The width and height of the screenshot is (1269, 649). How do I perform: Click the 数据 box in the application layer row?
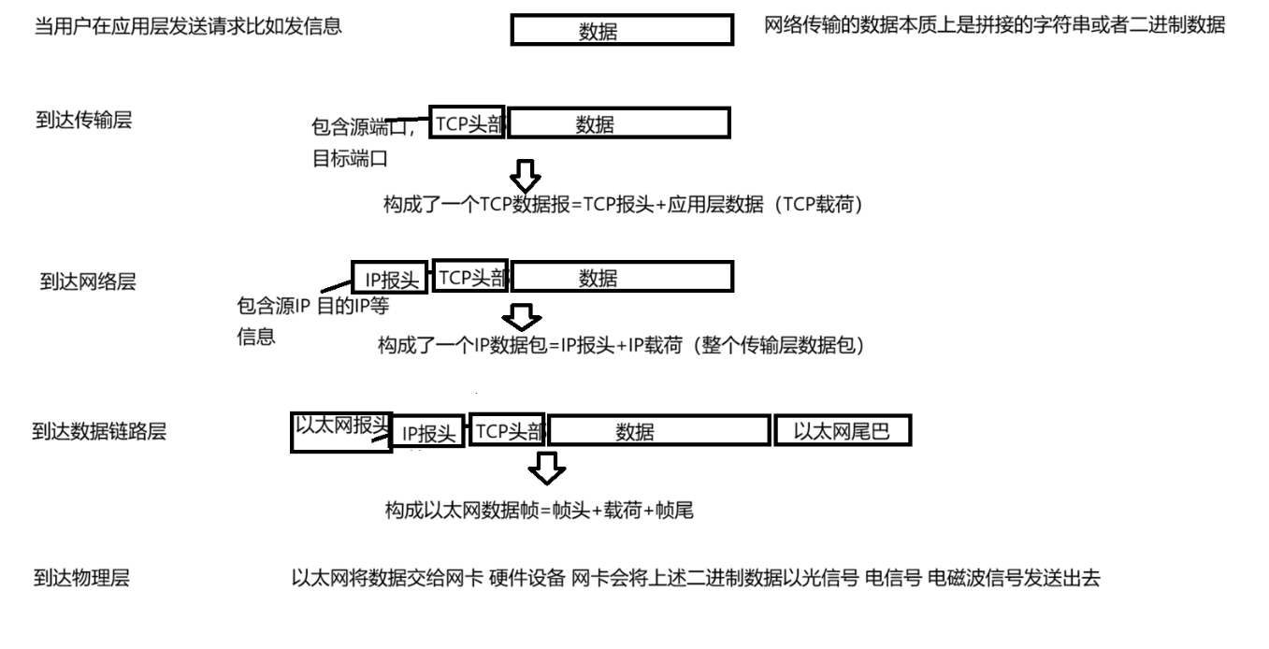tap(621, 31)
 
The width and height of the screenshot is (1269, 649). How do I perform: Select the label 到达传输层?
tap(83, 121)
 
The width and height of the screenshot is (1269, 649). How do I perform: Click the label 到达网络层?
tap(88, 281)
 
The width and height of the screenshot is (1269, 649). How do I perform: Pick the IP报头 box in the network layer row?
tap(390, 278)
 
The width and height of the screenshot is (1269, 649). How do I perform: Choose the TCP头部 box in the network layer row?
tap(471, 276)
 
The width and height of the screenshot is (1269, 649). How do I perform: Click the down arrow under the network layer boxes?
tap(522, 317)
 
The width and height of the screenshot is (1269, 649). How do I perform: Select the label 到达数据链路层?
tap(100, 431)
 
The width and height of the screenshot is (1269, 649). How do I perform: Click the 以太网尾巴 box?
tap(842, 430)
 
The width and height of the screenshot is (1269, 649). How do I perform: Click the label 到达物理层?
tap(81, 579)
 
